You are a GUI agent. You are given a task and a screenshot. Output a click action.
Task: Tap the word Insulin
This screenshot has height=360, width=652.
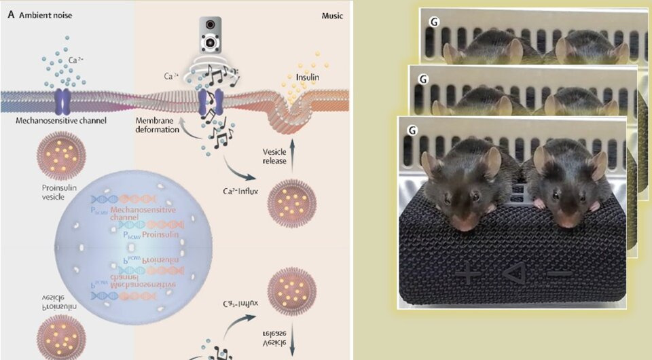[x=307, y=77]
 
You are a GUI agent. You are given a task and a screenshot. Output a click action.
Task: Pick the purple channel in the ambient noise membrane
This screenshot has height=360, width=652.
[x=62, y=100]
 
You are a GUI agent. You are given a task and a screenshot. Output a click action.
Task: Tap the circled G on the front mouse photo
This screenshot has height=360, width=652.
[x=411, y=129]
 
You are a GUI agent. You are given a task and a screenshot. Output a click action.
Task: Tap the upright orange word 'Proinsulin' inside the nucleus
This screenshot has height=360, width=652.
[x=160, y=234]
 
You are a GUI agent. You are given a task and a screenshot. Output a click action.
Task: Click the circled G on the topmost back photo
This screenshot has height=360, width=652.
[x=433, y=21]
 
